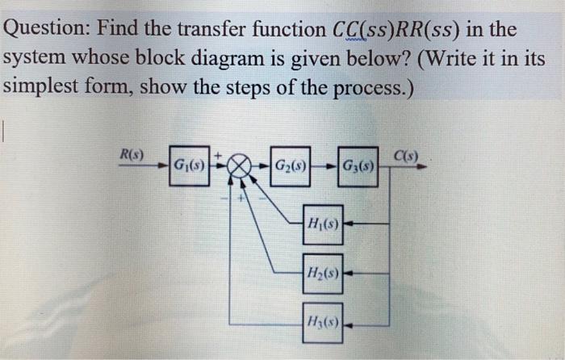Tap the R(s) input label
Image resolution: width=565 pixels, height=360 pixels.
point(132,153)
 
